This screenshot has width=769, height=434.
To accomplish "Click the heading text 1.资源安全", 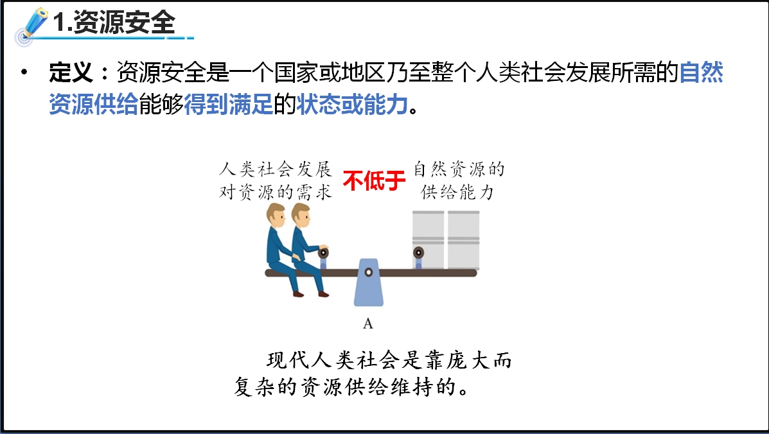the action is click(x=114, y=22).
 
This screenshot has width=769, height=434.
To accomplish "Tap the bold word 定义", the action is click(x=71, y=73).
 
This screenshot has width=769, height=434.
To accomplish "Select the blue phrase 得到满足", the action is click(x=228, y=105).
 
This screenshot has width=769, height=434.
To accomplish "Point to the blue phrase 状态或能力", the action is click(x=352, y=105).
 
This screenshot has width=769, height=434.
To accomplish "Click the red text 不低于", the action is click(x=374, y=180).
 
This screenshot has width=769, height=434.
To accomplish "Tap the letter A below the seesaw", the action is click(x=368, y=324).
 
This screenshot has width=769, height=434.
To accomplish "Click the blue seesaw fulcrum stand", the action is click(x=369, y=282).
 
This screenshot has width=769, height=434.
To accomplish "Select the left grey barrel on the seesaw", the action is click(x=428, y=239).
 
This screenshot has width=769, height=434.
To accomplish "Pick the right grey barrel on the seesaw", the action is click(x=463, y=239).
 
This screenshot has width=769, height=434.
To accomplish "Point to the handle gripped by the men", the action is click(x=323, y=257).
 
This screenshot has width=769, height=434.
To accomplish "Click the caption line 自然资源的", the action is click(x=459, y=169).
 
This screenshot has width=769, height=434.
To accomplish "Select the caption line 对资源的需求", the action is click(x=276, y=192).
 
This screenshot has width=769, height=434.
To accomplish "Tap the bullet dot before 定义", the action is click(x=24, y=73).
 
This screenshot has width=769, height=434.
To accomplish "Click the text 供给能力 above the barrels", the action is click(x=457, y=192).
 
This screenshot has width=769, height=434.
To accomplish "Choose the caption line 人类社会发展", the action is click(x=276, y=169).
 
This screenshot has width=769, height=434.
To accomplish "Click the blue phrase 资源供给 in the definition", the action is click(x=93, y=105).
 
